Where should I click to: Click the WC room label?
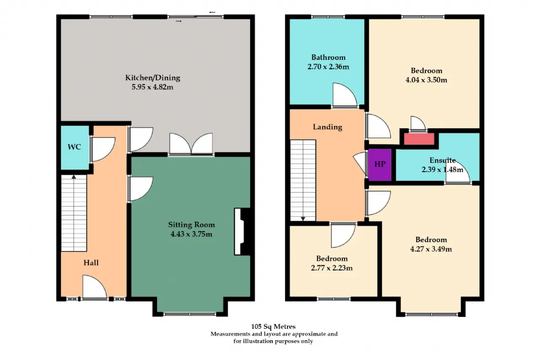(x=74, y=147)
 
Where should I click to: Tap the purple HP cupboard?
(x=380, y=165)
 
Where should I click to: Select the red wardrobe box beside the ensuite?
(x=419, y=139)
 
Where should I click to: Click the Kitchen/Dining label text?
(x=153, y=78)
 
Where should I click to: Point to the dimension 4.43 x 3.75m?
(x=192, y=234)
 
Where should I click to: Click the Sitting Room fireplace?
(x=242, y=231)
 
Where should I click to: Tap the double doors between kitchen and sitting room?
(x=191, y=144)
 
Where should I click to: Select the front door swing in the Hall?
(x=94, y=287)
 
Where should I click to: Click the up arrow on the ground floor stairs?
(x=74, y=177)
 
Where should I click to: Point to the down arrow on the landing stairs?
(x=303, y=219)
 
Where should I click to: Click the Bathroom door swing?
(x=345, y=95)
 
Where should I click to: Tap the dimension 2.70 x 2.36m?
(x=328, y=67)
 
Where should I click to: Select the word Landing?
(x=327, y=127)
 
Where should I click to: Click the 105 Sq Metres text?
(x=273, y=327)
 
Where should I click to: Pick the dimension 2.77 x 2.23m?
(x=332, y=268)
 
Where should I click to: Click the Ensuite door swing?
(x=458, y=172)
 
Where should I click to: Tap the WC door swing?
(x=103, y=149)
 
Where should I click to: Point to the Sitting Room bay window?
(x=190, y=314)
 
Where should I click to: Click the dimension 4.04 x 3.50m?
(x=426, y=80)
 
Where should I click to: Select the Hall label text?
(x=91, y=263)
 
